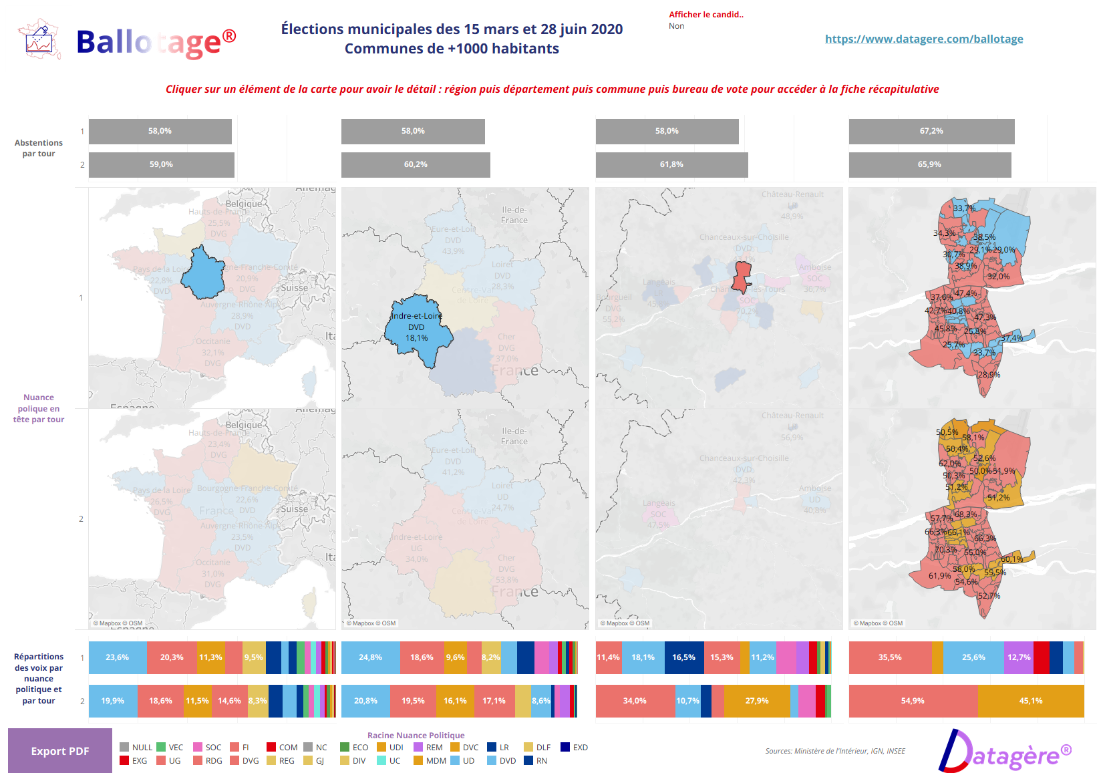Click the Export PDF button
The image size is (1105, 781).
tap(60, 751)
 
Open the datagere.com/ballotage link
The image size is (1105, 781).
tap(923, 39)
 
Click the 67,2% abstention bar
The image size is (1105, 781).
tap(931, 132)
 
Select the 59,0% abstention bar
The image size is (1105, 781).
tap(161, 165)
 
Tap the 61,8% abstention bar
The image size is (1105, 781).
tap(671, 165)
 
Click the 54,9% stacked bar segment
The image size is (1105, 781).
tap(913, 701)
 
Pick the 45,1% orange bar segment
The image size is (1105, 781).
tap(1030, 701)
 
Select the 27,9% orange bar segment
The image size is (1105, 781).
tap(757, 701)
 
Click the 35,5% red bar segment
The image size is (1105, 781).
tap(890, 657)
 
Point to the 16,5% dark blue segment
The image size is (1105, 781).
tap(683, 657)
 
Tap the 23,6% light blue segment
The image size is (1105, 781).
tap(118, 657)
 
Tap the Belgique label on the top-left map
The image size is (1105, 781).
tap(244, 204)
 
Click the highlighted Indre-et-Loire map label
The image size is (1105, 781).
tap(416, 316)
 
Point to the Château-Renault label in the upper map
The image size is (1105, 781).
tap(792, 194)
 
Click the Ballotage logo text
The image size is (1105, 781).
tap(156, 42)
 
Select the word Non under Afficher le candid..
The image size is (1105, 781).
tap(676, 26)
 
